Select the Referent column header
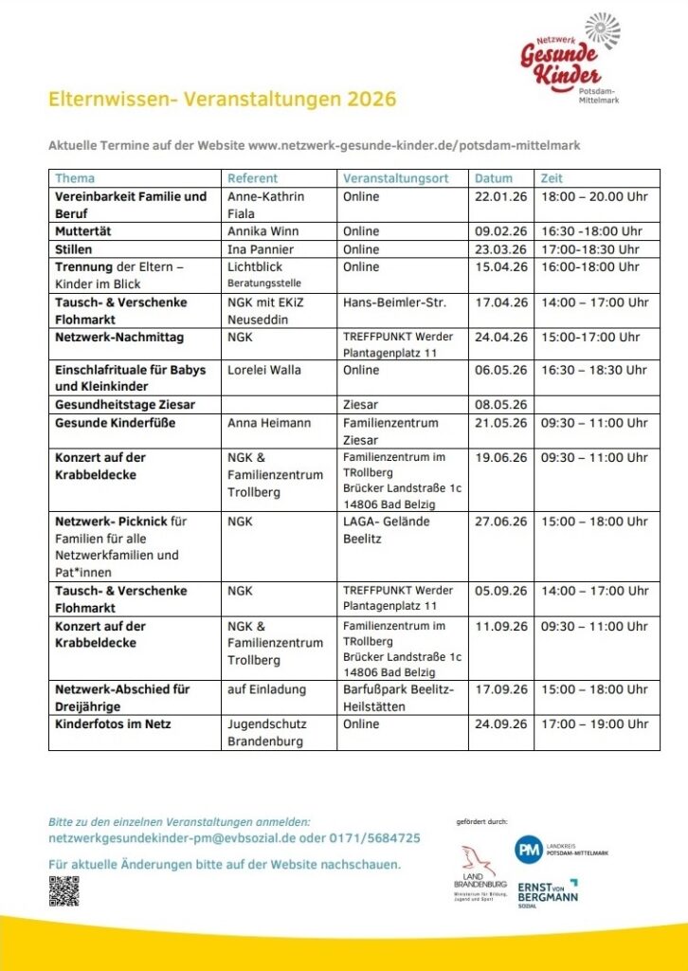coord(252,178)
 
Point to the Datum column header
coord(494,178)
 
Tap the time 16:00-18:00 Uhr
coord(590,267)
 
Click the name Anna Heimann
coord(269,423)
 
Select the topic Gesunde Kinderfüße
coord(115,423)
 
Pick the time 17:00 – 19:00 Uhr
coord(594,724)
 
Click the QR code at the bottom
coord(63,890)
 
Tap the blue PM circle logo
coord(529,851)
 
